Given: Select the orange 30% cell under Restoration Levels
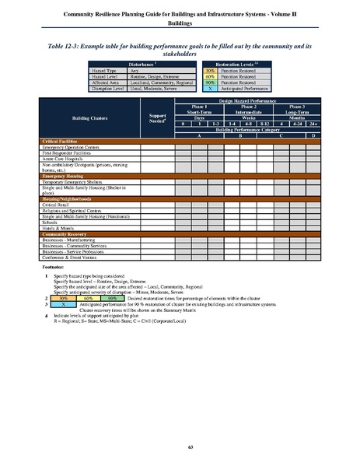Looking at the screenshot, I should (209, 68).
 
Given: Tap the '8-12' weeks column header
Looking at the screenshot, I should (264, 123).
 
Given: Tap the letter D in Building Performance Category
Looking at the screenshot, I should (313, 135).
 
